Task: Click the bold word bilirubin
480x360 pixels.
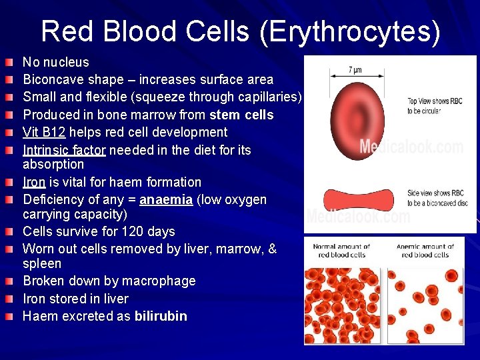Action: click(161, 316)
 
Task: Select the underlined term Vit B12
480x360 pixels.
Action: click(45, 133)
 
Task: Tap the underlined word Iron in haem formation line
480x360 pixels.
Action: click(35, 182)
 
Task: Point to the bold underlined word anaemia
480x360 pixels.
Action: click(167, 200)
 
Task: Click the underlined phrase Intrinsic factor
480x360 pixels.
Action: click(64, 150)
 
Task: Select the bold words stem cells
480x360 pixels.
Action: click(241, 115)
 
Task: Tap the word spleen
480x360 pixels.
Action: click(42, 263)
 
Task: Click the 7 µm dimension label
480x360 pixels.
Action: click(355, 69)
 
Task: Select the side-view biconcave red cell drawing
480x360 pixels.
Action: click(357, 199)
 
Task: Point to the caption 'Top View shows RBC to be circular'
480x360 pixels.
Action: click(435, 106)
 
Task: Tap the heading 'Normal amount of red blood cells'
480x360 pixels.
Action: click(341, 251)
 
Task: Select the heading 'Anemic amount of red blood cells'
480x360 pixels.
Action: click(425, 251)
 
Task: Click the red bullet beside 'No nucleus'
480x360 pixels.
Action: click(7, 63)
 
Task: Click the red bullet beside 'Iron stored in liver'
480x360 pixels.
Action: click(7, 299)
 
